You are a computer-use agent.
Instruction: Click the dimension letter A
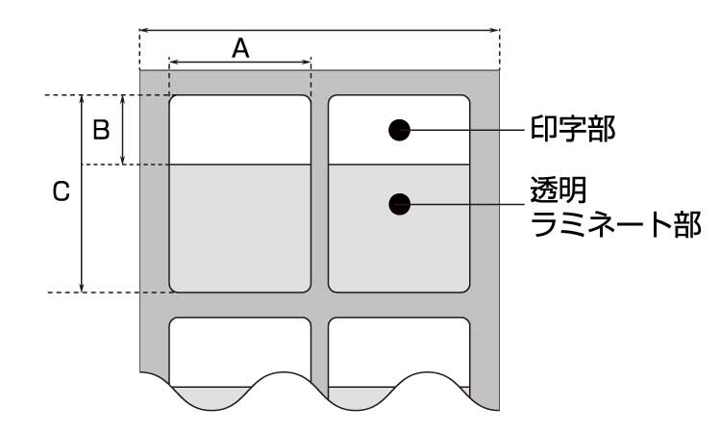[x=240, y=47]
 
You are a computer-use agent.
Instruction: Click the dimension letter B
[x=100, y=130]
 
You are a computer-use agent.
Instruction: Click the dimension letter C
[x=60, y=192]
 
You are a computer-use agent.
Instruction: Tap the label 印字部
[x=573, y=129]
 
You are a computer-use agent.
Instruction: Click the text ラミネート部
[x=616, y=225]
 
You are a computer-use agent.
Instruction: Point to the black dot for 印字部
[x=400, y=130]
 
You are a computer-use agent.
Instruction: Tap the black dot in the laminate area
[x=400, y=203]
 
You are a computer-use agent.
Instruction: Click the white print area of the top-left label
[x=240, y=130]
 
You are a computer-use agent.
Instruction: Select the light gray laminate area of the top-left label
[x=240, y=228]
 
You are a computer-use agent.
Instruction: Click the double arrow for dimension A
[x=240, y=64]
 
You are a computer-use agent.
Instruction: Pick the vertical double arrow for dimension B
[x=124, y=130]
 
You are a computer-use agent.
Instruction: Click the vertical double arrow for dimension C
[x=83, y=192]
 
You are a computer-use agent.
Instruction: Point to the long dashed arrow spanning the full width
[x=320, y=29]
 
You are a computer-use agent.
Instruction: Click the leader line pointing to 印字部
[x=466, y=130]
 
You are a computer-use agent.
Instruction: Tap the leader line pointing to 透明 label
[x=466, y=203]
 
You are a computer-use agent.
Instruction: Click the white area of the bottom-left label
[x=240, y=346]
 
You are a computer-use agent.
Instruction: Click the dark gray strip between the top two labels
[x=320, y=192]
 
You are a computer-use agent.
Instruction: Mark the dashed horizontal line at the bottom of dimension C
[x=106, y=292]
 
